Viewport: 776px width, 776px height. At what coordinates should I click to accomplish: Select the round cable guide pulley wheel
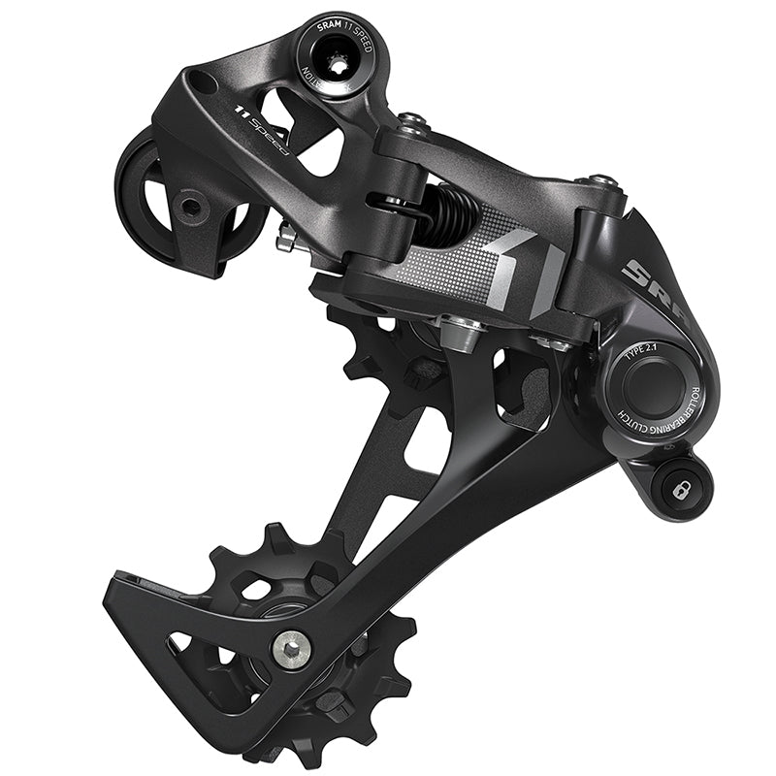point(184,204)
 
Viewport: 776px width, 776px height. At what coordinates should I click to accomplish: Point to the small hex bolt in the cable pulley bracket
point(191,207)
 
